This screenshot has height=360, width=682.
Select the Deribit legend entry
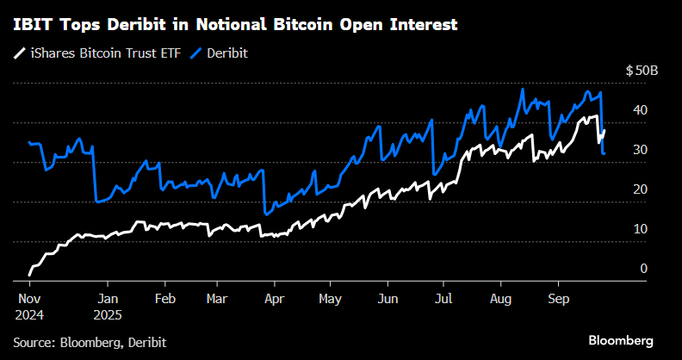[x=220, y=53]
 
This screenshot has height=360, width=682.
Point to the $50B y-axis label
[x=642, y=71]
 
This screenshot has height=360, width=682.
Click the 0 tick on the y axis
[x=643, y=269]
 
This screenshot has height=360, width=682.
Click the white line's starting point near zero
[x=29, y=274]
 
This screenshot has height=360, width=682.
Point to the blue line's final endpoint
[x=604, y=153]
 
